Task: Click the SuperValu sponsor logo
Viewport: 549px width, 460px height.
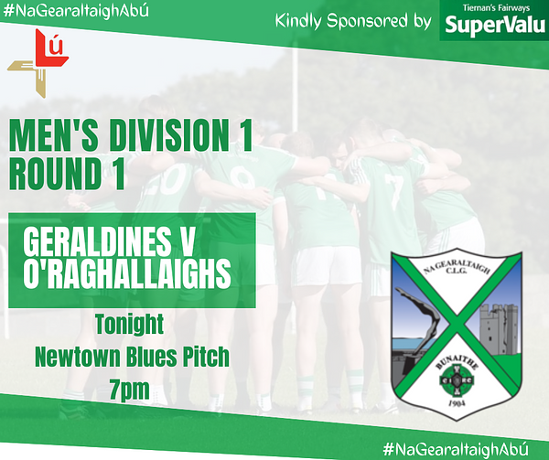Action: [494, 21]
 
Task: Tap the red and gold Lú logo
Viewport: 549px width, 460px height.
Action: [38, 63]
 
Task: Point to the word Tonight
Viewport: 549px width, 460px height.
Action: [130, 325]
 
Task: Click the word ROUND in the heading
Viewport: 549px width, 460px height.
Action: [55, 173]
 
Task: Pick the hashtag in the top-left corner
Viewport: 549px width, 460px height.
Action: [76, 10]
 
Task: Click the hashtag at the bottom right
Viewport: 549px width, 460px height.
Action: [455, 448]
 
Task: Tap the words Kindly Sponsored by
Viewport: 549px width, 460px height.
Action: [353, 21]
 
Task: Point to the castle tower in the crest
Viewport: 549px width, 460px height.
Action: [497, 329]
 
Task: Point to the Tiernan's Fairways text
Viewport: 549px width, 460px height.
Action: [496, 7]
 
